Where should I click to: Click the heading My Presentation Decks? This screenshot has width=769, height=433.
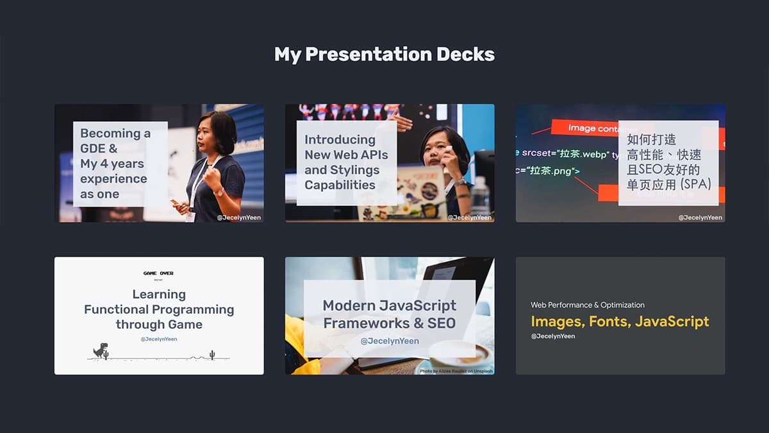coord(384,55)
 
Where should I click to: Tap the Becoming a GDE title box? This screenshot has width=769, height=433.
coord(120,164)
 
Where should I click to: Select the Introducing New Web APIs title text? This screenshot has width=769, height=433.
coord(346,162)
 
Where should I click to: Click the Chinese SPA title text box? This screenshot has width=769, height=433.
coord(668,162)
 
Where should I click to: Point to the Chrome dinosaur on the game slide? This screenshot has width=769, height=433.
coord(100,350)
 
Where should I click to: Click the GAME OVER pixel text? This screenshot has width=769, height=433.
coord(158,273)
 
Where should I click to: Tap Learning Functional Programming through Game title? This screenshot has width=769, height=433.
coord(159,309)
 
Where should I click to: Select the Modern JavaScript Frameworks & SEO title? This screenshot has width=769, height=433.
coord(389,314)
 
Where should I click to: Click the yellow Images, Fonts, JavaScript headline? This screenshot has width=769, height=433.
coord(620,321)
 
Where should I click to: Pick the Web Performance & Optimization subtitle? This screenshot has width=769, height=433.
coord(587,305)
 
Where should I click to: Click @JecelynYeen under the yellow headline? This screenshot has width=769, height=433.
coord(552,336)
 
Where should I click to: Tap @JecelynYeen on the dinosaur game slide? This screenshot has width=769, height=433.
coord(159,339)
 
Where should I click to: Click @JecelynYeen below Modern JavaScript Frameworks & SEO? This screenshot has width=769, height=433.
coord(389,341)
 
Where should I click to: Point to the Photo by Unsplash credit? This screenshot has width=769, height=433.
coord(456,371)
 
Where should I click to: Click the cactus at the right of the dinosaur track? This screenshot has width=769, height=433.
coord(212,355)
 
